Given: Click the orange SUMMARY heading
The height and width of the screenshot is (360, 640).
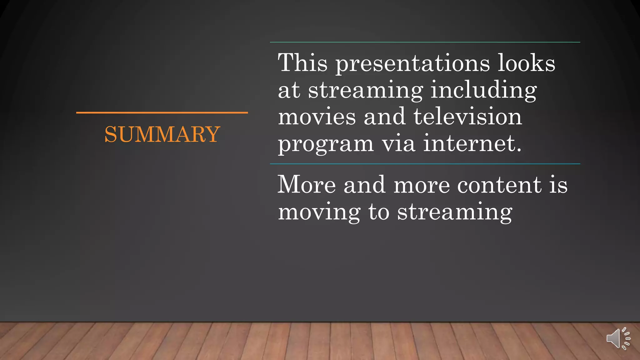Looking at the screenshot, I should [162, 134].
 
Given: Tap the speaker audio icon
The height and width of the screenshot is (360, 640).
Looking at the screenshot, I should [618, 338].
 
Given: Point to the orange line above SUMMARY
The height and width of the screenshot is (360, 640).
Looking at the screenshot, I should [162, 112].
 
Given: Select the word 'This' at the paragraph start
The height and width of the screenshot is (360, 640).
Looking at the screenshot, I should [302, 63].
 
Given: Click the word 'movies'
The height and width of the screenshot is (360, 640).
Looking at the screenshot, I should [317, 117].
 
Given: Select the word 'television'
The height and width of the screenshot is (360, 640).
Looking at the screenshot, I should [467, 117].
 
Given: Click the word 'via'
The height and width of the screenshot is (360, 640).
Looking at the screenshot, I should [398, 143].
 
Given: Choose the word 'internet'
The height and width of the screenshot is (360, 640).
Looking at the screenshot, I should [472, 143].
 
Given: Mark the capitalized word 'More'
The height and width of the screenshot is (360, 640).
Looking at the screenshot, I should [307, 185].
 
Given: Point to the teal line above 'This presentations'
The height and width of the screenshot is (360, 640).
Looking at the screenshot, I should [425, 42].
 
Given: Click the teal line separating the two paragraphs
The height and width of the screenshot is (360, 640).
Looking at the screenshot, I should [425, 164].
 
